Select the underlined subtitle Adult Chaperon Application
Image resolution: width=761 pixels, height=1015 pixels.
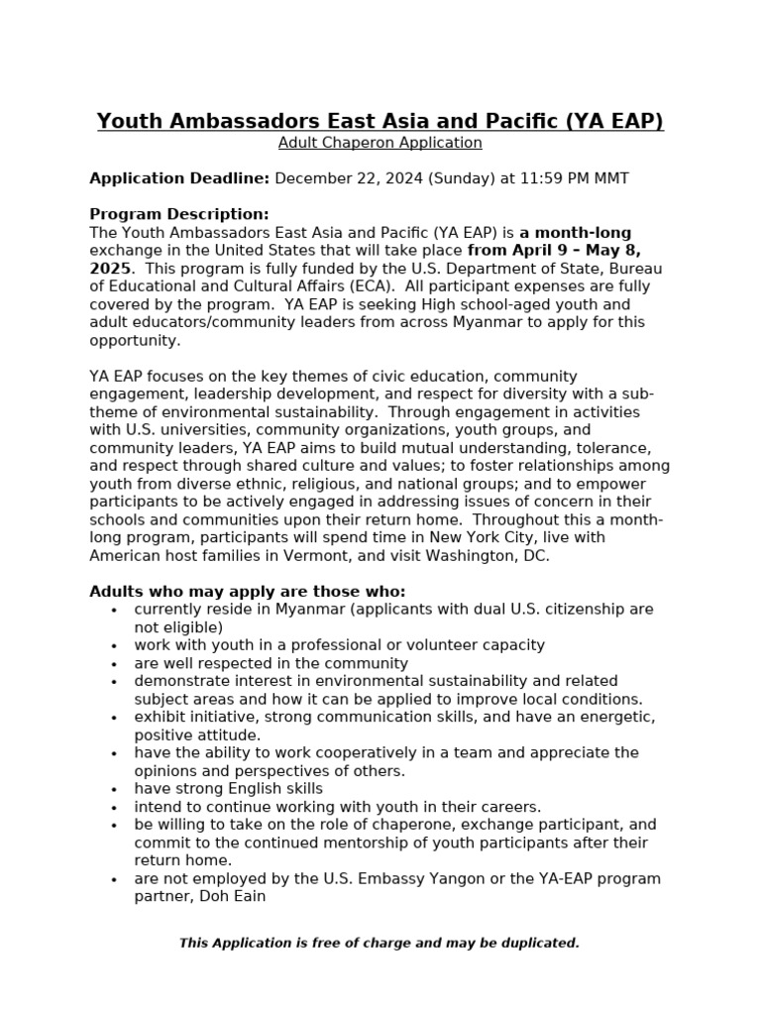click(380, 143)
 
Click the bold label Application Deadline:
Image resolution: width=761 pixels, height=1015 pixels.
click(179, 178)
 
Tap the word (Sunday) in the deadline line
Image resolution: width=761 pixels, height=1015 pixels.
click(453, 178)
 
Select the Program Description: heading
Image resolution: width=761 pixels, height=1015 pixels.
click(179, 214)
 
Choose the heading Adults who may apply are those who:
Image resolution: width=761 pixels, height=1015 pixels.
click(248, 591)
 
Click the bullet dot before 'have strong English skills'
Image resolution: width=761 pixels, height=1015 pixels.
click(115, 790)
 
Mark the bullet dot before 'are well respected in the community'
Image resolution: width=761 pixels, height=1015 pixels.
click(115, 664)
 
